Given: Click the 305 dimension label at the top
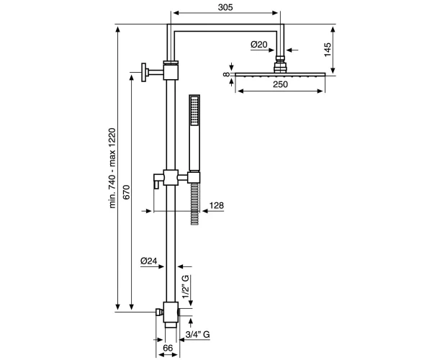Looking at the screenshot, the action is point(225,7).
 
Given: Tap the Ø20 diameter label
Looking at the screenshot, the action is point(259,44).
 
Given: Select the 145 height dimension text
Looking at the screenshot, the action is point(328,50).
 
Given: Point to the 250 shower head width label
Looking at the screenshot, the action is point(280,84).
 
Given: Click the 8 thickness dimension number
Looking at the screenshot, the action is point(227,74).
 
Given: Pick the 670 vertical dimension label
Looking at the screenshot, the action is point(127,192).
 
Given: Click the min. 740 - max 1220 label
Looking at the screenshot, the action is point(112,168).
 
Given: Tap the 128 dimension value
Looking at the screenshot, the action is point(217,205).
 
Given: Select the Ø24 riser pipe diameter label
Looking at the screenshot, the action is point(149,261).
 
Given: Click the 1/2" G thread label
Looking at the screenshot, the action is point(186,287).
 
